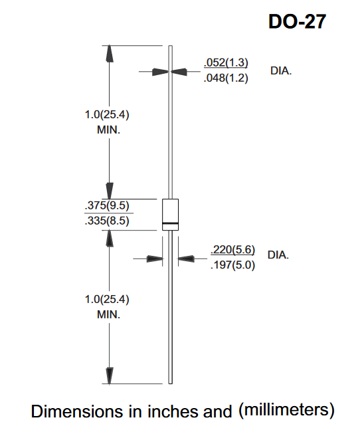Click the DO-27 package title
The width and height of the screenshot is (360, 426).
pyautogui.click(x=297, y=21)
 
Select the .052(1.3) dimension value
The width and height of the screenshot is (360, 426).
pyautogui.click(x=226, y=62)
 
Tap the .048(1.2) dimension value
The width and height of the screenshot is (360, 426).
pyautogui.click(x=226, y=78)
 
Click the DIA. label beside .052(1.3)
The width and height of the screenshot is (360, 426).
pyautogui.click(x=281, y=71)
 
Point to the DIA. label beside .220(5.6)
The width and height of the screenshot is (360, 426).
pyautogui.click(x=278, y=255)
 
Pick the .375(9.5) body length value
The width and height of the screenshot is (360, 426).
pyautogui.click(x=107, y=205)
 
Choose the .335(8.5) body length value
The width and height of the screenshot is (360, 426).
pyautogui.click(x=107, y=221)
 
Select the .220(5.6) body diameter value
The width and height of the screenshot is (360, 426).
pyautogui.click(x=233, y=249)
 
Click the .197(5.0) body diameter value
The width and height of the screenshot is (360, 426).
pyautogui.click(x=233, y=265)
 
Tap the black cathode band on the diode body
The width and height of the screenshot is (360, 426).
pyautogui.click(x=170, y=223)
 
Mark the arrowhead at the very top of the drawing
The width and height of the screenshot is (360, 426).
pyautogui.click(x=109, y=54)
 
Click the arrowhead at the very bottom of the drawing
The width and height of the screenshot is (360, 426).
pyautogui.click(x=109, y=375)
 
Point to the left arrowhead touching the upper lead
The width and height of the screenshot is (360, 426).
pyautogui.click(x=161, y=72)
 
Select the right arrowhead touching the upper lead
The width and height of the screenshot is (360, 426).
pyautogui.click(x=179, y=72)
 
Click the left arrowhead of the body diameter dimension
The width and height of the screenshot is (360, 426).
pyautogui.click(x=155, y=259)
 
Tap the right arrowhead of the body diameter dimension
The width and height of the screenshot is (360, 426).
pyautogui.click(x=186, y=259)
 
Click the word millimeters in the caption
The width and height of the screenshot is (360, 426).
pyautogui.click(x=287, y=409)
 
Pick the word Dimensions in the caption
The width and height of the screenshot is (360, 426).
pyautogui.click(x=77, y=411)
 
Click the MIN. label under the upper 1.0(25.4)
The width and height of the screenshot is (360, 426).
pyautogui.click(x=108, y=130)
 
